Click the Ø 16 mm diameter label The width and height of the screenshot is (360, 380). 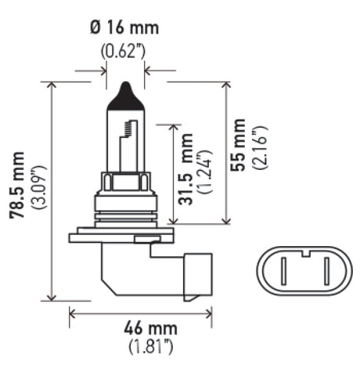click(x=124, y=29)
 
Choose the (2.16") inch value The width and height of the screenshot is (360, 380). click(x=259, y=145)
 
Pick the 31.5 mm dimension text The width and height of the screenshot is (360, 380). click(x=186, y=179)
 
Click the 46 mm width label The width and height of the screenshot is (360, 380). click(x=142, y=328)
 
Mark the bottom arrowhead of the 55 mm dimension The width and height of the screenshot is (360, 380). click(x=226, y=221)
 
